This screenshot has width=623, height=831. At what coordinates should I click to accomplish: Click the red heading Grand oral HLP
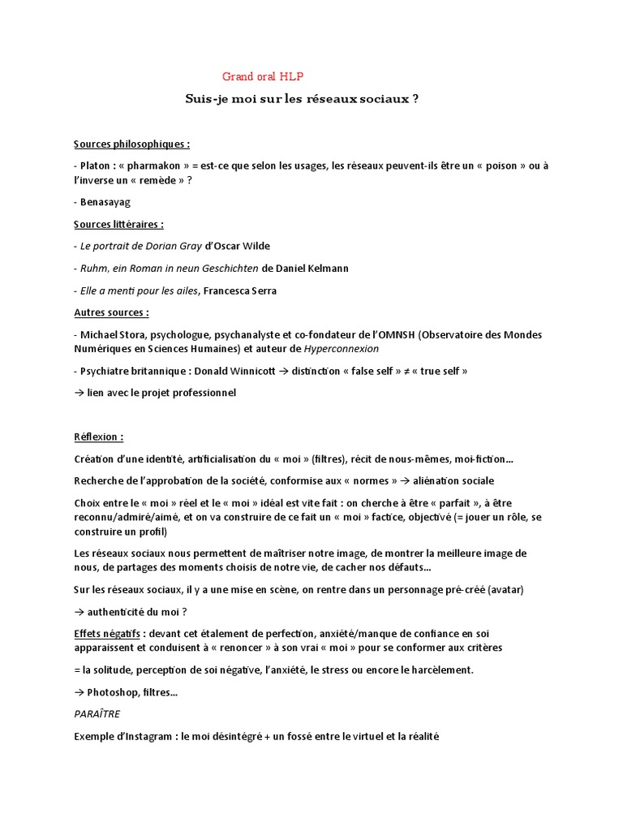pyautogui.click(x=262, y=77)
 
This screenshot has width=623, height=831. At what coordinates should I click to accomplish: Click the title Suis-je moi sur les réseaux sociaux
pyautogui.click(x=303, y=99)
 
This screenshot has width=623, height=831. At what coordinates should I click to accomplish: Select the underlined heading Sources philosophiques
pyautogui.click(x=131, y=144)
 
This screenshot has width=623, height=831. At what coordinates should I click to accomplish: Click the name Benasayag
pyautogui.click(x=105, y=202)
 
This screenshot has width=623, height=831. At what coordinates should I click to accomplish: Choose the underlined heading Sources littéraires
pyautogui.click(x=118, y=224)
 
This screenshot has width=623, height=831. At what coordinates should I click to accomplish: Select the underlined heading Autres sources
pyautogui.click(x=111, y=312)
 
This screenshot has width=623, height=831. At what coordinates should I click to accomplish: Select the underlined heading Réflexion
pyautogui.click(x=98, y=437)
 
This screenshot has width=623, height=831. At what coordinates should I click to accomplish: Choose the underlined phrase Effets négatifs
pyautogui.click(x=107, y=633)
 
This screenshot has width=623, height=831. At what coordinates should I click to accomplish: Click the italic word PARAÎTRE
pyautogui.click(x=97, y=713)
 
